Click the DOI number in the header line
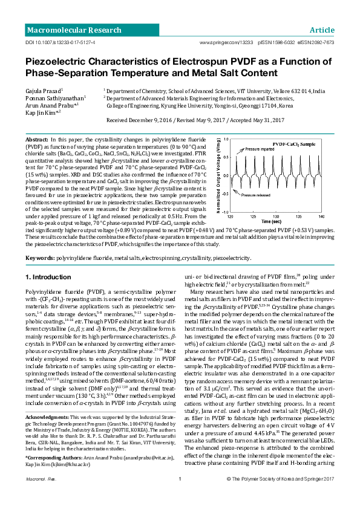(60, 44)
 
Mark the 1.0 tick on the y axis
(226, 140)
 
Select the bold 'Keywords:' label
(40, 258)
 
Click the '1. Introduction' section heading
(48, 277)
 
